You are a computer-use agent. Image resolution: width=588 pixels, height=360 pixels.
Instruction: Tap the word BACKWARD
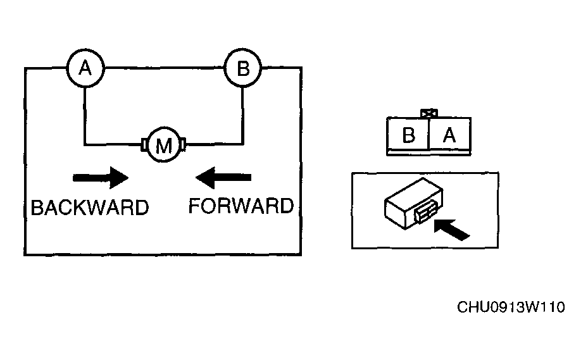click(x=90, y=208)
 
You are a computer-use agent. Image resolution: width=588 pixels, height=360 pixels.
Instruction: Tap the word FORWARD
click(x=241, y=206)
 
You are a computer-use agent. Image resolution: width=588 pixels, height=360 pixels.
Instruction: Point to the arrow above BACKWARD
click(x=101, y=178)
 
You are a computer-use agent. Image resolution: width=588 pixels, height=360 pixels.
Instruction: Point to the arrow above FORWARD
click(x=223, y=178)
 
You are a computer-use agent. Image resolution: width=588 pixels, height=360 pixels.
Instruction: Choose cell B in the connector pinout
click(x=408, y=135)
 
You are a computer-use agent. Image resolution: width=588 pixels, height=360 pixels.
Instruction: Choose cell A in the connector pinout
click(x=449, y=135)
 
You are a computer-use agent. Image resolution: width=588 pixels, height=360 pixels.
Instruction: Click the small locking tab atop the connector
click(x=429, y=113)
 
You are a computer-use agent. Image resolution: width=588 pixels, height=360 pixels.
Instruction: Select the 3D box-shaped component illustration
click(x=414, y=203)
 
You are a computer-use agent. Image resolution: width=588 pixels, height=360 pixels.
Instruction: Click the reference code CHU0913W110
click(x=511, y=307)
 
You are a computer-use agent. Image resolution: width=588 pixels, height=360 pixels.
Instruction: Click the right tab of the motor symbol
click(x=183, y=144)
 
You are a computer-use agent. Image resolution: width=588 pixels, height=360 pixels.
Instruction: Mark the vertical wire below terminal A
click(x=85, y=116)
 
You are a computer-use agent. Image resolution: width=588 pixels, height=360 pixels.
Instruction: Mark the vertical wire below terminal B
click(x=242, y=115)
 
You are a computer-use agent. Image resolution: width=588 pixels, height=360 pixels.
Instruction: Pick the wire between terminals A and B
click(x=165, y=68)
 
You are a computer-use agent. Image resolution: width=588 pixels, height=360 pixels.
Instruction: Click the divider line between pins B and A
click(x=428, y=134)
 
